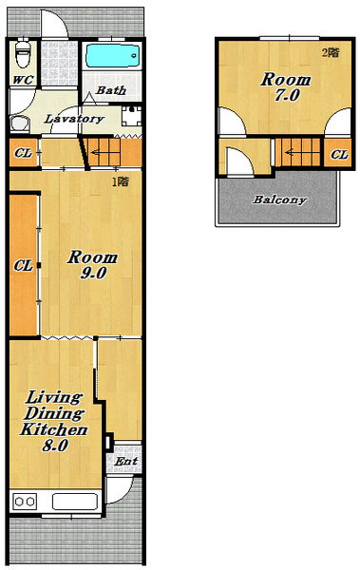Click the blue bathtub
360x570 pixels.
pos(113,56)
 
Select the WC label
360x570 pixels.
pos(23,80)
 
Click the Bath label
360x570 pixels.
pos(111,90)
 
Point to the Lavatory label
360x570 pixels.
pos(74,119)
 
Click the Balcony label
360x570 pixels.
pos(279,199)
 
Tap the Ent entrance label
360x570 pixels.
pos(125,462)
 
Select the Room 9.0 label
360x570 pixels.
pos(92,265)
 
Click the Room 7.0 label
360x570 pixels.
pos(286,86)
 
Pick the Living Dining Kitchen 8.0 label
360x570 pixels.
pos(54,421)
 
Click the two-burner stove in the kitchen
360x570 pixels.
pos(25,502)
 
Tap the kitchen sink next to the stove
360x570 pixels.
pos(75,502)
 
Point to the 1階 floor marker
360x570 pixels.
pos(121,181)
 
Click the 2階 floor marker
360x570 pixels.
pos(331,52)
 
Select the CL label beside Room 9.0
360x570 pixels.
pos(24,266)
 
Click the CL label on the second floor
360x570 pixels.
pos(340,155)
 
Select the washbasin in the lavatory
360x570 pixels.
pos(20,123)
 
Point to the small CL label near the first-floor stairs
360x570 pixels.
pos(24,153)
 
